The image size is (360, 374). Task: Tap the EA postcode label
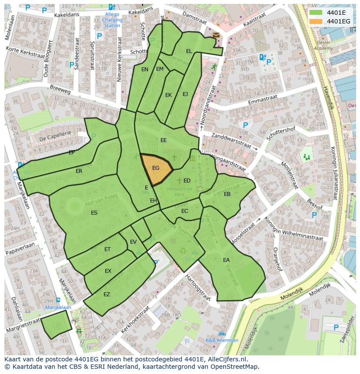click(226, 260)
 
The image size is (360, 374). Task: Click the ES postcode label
click(94, 213)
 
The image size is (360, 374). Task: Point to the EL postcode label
click(189, 51)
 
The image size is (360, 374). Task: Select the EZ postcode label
click(107, 295)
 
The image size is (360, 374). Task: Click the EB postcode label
click(227, 194)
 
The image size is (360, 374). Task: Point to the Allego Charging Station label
click(112, 20)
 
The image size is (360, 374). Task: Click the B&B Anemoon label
click(222, 340)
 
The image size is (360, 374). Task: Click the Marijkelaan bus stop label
click(58, 307)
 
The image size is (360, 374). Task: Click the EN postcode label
click(145, 69)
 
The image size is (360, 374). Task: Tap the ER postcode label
click(79, 171)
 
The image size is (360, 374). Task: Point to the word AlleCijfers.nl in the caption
click(227, 360)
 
